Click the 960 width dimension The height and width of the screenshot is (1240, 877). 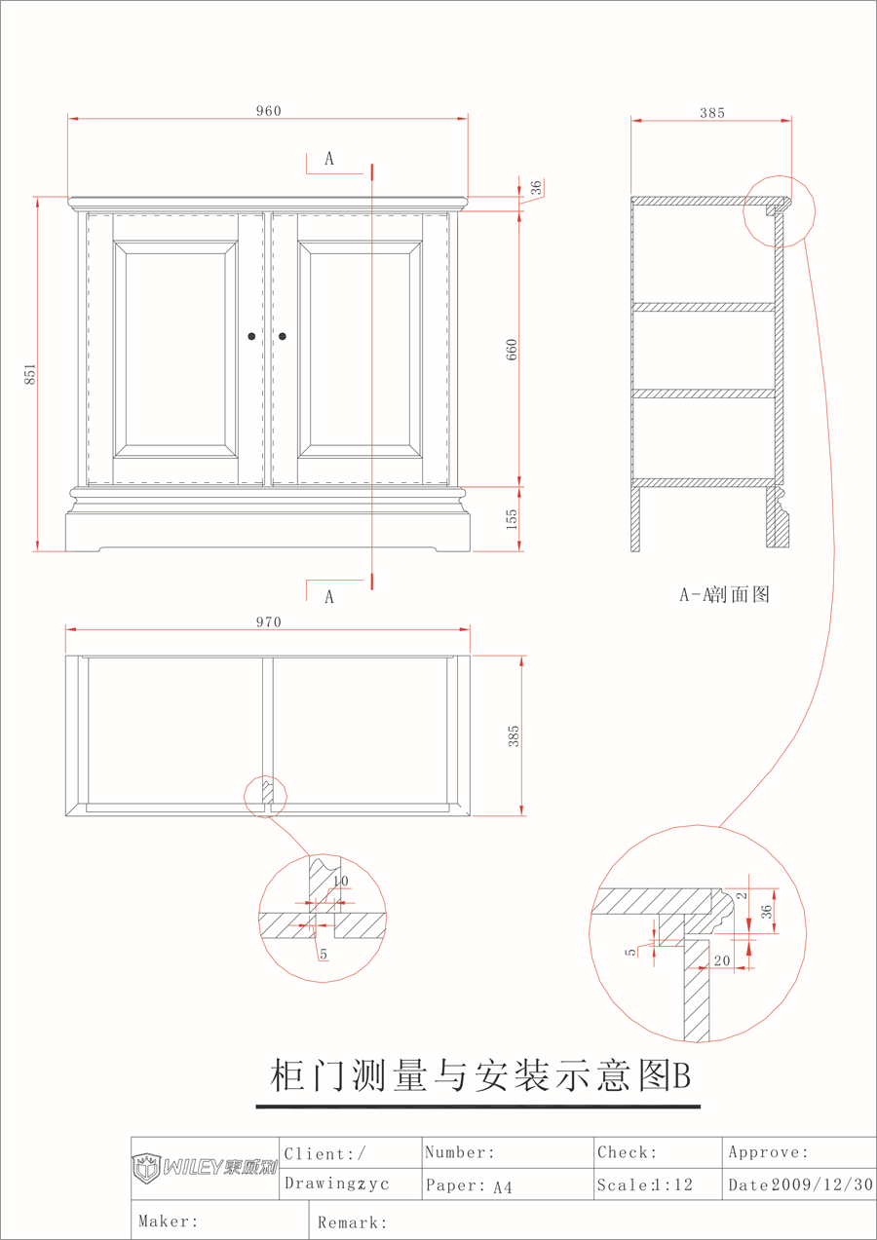coord(269,111)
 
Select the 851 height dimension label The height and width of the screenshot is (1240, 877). coord(30,374)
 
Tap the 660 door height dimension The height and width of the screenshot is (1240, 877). coord(512,350)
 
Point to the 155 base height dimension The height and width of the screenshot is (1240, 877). coord(512,519)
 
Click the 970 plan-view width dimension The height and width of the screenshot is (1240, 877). coord(269,622)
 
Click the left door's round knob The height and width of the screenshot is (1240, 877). coord(251,336)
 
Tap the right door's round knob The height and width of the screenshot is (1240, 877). coord(283,336)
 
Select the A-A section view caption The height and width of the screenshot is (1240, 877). coord(724,594)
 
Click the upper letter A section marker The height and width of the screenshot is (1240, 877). coord(329,159)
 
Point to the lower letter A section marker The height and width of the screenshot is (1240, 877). coord(329,597)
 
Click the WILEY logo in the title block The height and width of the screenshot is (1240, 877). coord(205,1168)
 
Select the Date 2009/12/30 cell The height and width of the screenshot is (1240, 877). coord(800,1184)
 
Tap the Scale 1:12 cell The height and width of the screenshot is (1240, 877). coord(644,1184)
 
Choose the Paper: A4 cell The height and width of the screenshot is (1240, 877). coord(469,1185)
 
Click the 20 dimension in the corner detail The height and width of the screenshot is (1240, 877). coord(722,960)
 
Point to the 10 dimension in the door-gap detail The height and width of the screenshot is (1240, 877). coord(340,881)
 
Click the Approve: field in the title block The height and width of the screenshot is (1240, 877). coord(769,1152)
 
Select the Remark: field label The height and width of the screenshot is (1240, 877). coord(352,1222)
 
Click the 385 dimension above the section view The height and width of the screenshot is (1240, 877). coord(712,113)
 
